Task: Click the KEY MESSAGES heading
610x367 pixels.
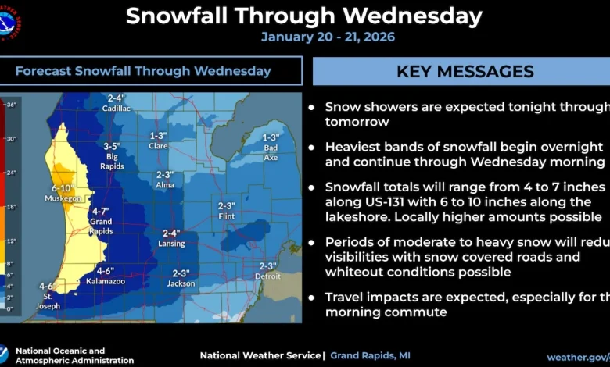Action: [x=465, y=71]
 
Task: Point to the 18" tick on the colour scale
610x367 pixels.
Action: [x=11, y=207]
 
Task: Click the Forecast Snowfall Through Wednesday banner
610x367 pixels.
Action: [x=143, y=71]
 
